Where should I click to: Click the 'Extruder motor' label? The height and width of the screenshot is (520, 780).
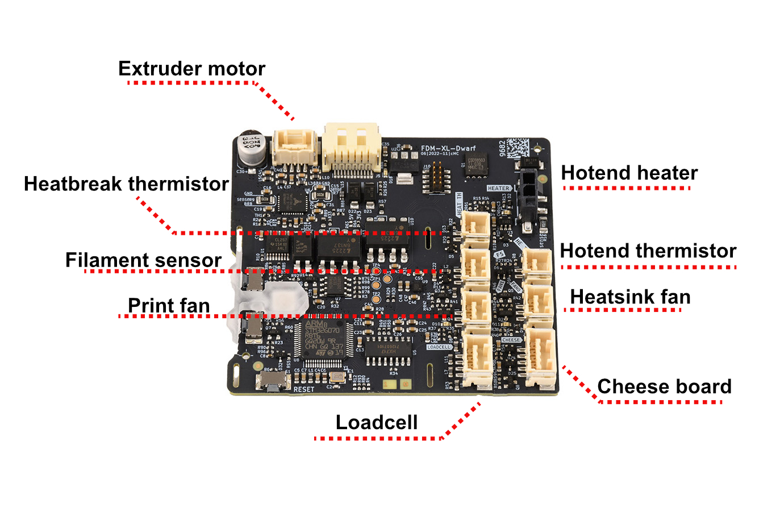pos(191,69)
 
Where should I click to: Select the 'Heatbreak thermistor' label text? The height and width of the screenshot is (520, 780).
pos(126,184)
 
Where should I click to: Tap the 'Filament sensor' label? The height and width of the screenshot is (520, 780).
pos(143,260)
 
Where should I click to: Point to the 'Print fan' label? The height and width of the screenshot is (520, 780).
pos(169,306)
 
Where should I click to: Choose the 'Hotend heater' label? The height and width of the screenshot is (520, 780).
pos(629,173)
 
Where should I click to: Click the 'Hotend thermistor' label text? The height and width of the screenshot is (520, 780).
pos(648,251)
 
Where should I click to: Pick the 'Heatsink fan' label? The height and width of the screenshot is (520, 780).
pos(630,297)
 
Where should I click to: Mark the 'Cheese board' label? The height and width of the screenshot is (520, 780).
pos(664,386)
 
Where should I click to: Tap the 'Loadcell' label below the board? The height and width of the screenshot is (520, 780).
pos(377,422)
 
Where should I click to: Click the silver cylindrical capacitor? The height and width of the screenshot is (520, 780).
pos(251,148)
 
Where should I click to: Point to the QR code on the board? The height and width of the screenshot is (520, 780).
pos(518,148)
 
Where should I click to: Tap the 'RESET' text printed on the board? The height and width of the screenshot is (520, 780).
pos(303,389)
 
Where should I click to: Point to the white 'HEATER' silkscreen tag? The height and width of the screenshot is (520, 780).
pos(498,188)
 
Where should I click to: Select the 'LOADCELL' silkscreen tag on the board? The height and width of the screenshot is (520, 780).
pos(439,347)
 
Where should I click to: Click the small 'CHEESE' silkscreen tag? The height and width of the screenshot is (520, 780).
pos(511,340)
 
